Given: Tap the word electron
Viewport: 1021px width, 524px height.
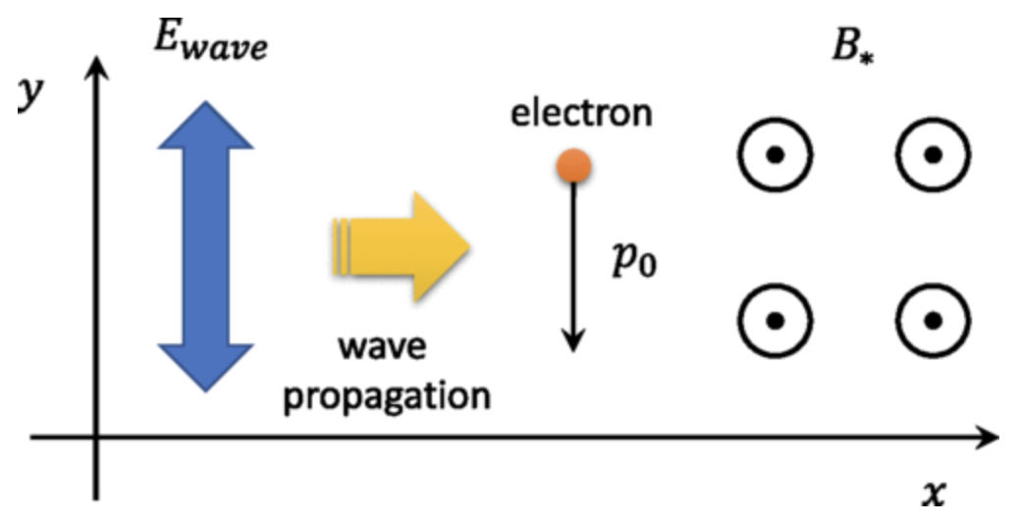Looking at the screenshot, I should click(x=581, y=113).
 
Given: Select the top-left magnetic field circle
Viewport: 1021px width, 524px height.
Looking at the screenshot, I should click(x=775, y=155).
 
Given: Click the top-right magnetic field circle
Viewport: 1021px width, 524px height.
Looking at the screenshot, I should click(x=933, y=155).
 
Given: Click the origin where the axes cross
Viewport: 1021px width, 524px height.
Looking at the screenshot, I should click(x=96, y=437).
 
